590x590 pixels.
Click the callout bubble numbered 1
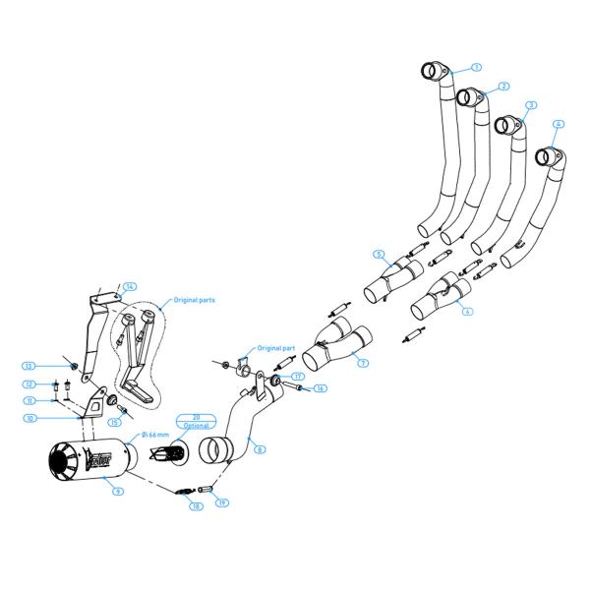click(476, 67)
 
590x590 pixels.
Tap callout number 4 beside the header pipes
click(559, 125)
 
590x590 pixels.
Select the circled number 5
click(379, 254)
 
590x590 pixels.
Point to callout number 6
click(468, 311)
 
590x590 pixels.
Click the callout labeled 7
click(363, 364)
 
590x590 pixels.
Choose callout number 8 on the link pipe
click(260, 449)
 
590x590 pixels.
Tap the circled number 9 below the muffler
click(118, 490)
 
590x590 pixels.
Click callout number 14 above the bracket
click(129, 286)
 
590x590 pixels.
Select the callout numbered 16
click(321, 389)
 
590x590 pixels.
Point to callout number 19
click(223, 502)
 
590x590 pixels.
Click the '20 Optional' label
click(196, 421)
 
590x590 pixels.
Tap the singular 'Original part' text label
click(275, 348)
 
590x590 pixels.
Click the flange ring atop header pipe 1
click(433, 71)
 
